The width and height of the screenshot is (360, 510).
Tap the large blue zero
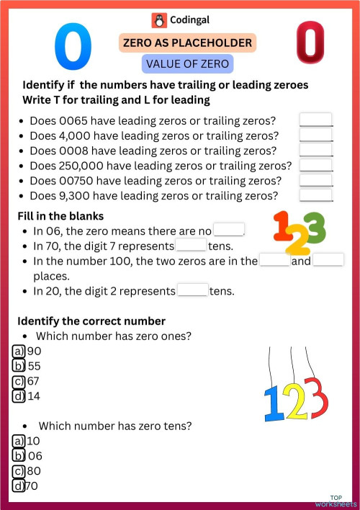point(73,45)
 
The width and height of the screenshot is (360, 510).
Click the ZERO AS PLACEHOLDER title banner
point(187,43)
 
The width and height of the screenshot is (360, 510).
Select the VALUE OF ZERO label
point(187,64)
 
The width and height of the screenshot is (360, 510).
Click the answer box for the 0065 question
point(315,120)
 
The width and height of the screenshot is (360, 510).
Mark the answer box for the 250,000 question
point(315,165)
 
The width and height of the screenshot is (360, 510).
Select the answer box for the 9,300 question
point(315,195)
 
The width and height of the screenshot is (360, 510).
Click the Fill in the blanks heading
point(60,216)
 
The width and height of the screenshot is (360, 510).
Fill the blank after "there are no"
point(229,231)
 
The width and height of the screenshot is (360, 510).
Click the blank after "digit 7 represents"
point(191,246)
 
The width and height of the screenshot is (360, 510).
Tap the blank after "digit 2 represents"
point(192,292)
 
